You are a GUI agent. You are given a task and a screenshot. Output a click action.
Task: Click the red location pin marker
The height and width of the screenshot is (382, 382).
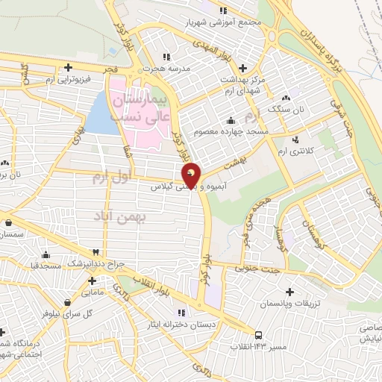192,175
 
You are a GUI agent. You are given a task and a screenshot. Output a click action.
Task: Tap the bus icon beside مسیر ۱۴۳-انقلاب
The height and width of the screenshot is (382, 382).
258,335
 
